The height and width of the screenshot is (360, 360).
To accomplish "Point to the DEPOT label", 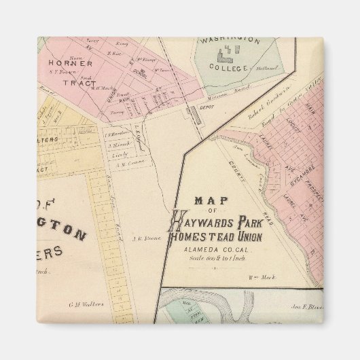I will (x=206, y=107).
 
